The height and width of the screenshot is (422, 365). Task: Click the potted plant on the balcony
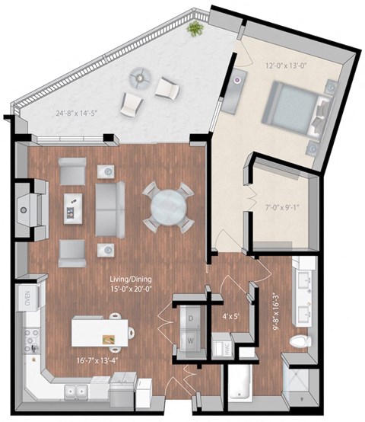point(196,29)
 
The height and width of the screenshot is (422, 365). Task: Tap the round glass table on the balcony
point(141,76)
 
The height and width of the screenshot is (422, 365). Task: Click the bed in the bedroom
point(293,110)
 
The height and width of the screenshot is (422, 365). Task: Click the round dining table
point(165,206)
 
